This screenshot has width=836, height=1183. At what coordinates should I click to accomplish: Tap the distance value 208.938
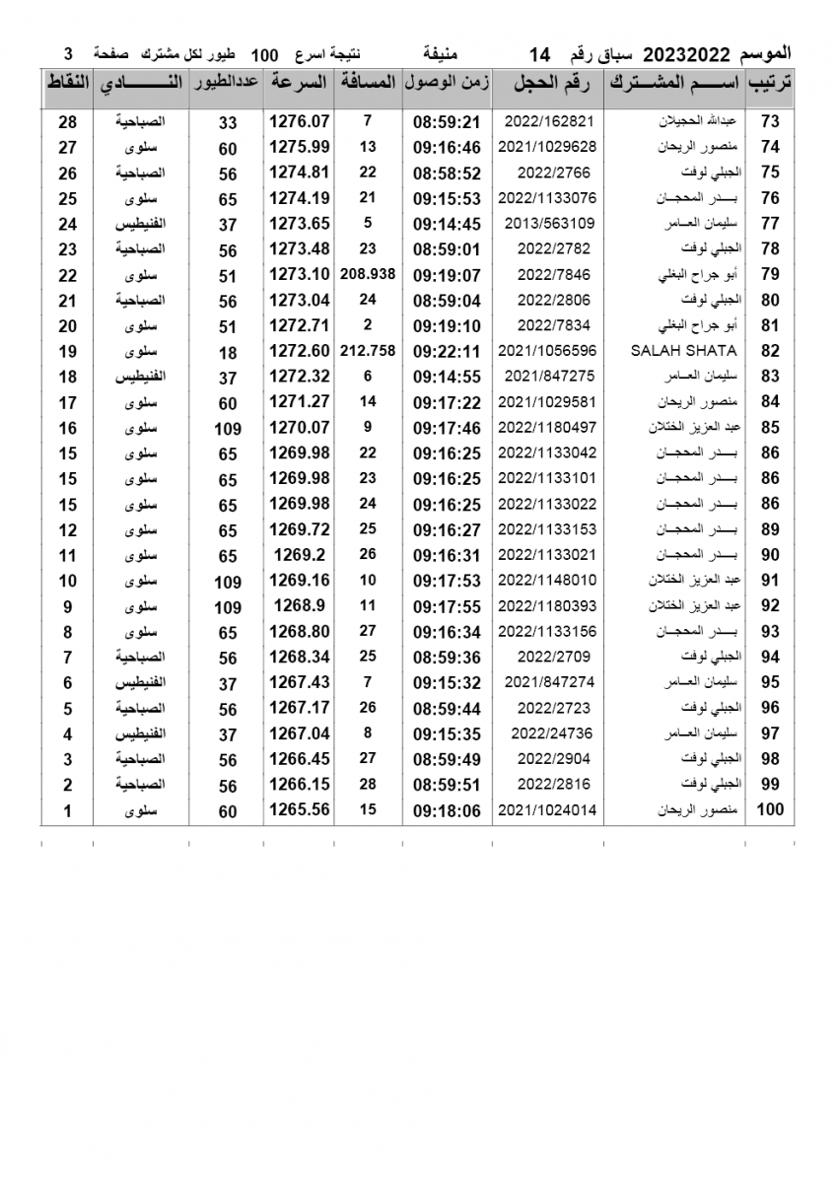pyautogui.click(x=368, y=275)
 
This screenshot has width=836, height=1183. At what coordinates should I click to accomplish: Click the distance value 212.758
pyautogui.click(x=368, y=351)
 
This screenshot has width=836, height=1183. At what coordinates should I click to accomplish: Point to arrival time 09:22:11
pyautogui.click(x=447, y=351)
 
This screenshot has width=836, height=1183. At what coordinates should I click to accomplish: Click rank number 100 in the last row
pyautogui.click(x=769, y=810)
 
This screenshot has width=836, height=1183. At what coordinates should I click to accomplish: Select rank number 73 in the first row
pyautogui.click(x=770, y=122)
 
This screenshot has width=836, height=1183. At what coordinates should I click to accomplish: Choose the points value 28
pyautogui.click(x=68, y=122)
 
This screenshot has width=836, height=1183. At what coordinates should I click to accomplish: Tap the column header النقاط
pyautogui.click(x=68, y=84)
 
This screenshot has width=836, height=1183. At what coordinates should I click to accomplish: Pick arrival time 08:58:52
pyautogui.click(x=447, y=173)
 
